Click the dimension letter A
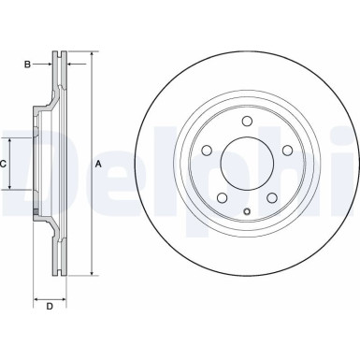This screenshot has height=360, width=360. click(100, 165)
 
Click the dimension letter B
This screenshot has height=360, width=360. click(27, 65)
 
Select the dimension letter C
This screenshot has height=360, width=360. click(4, 164)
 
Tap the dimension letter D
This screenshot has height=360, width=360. click(50, 306)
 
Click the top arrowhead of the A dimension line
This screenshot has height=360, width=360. click(92, 52)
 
